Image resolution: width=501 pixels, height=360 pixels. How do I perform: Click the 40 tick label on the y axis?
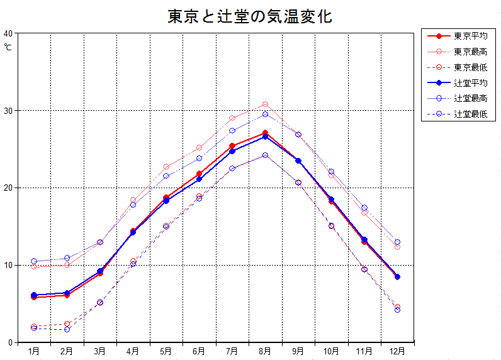8,33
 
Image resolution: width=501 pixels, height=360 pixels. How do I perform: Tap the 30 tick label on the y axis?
8,111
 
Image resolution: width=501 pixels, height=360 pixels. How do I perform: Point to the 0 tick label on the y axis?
9,342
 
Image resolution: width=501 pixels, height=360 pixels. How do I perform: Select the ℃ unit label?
8,46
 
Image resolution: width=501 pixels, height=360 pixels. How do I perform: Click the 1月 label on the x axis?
34,351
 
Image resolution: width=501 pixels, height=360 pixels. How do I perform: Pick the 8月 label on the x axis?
265,351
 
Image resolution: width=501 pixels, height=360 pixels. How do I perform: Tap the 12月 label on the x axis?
397,351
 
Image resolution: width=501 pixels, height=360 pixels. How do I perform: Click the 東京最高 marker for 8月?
265,104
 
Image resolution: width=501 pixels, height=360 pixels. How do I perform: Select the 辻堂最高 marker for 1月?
34,261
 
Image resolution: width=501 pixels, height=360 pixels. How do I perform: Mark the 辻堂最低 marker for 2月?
67,329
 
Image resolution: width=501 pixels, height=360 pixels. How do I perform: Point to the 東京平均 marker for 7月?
232,146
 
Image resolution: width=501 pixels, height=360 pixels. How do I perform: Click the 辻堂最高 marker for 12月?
397,242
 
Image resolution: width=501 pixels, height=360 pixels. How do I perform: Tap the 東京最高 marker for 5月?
166,167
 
